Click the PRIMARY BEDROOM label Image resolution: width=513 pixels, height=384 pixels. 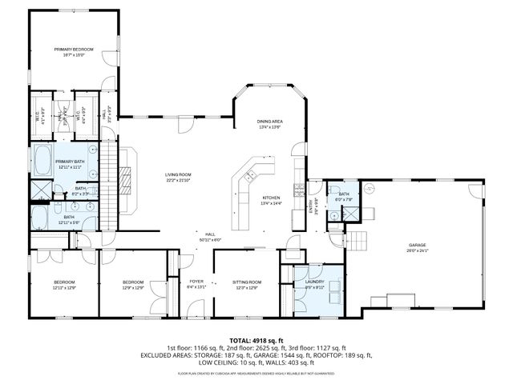click(74, 50)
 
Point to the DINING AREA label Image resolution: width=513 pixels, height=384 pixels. click(270, 121)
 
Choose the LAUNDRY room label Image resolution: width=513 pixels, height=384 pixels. click(314, 282)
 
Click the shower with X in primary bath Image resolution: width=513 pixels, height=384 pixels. click(38, 190)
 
